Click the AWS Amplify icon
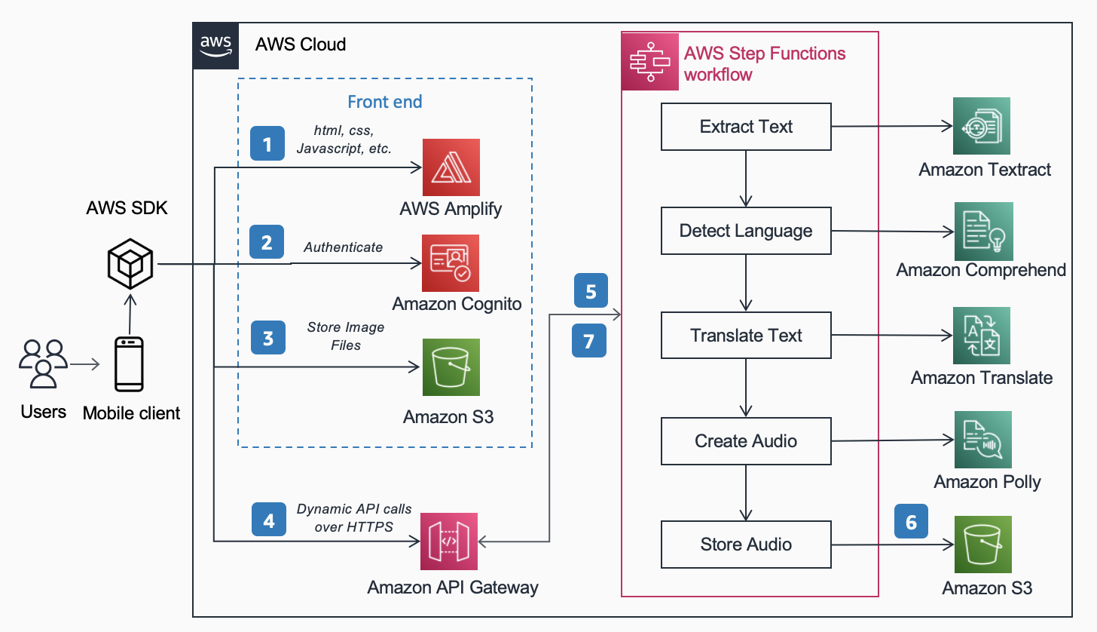pyautogui.click(x=451, y=167)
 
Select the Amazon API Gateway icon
pyautogui.click(x=449, y=541)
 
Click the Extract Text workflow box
pyautogui.click(x=746, y=127)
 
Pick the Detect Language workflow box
pyautogui.click(x=746, y=231)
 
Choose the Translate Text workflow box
pyautogui.click(x=746, y=336)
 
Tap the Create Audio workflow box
pyautogui.click(x=746, y=440)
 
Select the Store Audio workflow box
pyautogui.click(x=746, y=545)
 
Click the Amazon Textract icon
pyautogui.click(x=981, y=126)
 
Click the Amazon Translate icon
pyautogui.click(x=981, y=336)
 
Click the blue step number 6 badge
pyautogui.click(x=911, y=522)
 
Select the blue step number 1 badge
pyautogui.click(x=267, y=143)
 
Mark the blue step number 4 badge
pyautogui.click(x=268, y=520)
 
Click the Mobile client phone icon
pyautogui.click(x=129, y=365)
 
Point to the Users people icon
pyautogui.click(x=43, y=364)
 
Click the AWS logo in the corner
pyautogui.click(x=215, y=45)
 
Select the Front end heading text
pyautogui.click(x=384, y=102)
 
